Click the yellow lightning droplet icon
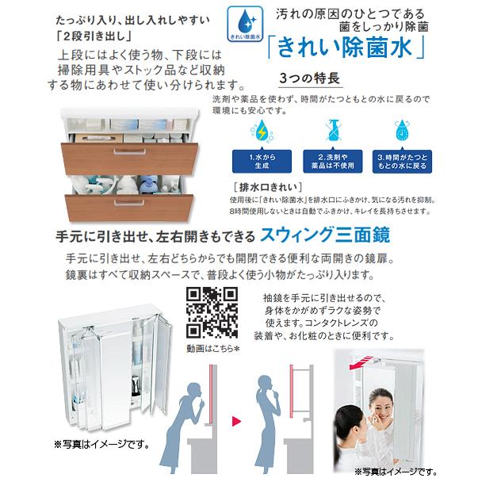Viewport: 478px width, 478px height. [262, 130]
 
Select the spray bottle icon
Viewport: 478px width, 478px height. [330, 130]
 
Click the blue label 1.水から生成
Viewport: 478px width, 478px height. [262, 162]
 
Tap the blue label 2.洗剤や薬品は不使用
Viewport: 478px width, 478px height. [330, 162]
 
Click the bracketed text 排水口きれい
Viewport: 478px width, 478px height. [258, 186]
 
